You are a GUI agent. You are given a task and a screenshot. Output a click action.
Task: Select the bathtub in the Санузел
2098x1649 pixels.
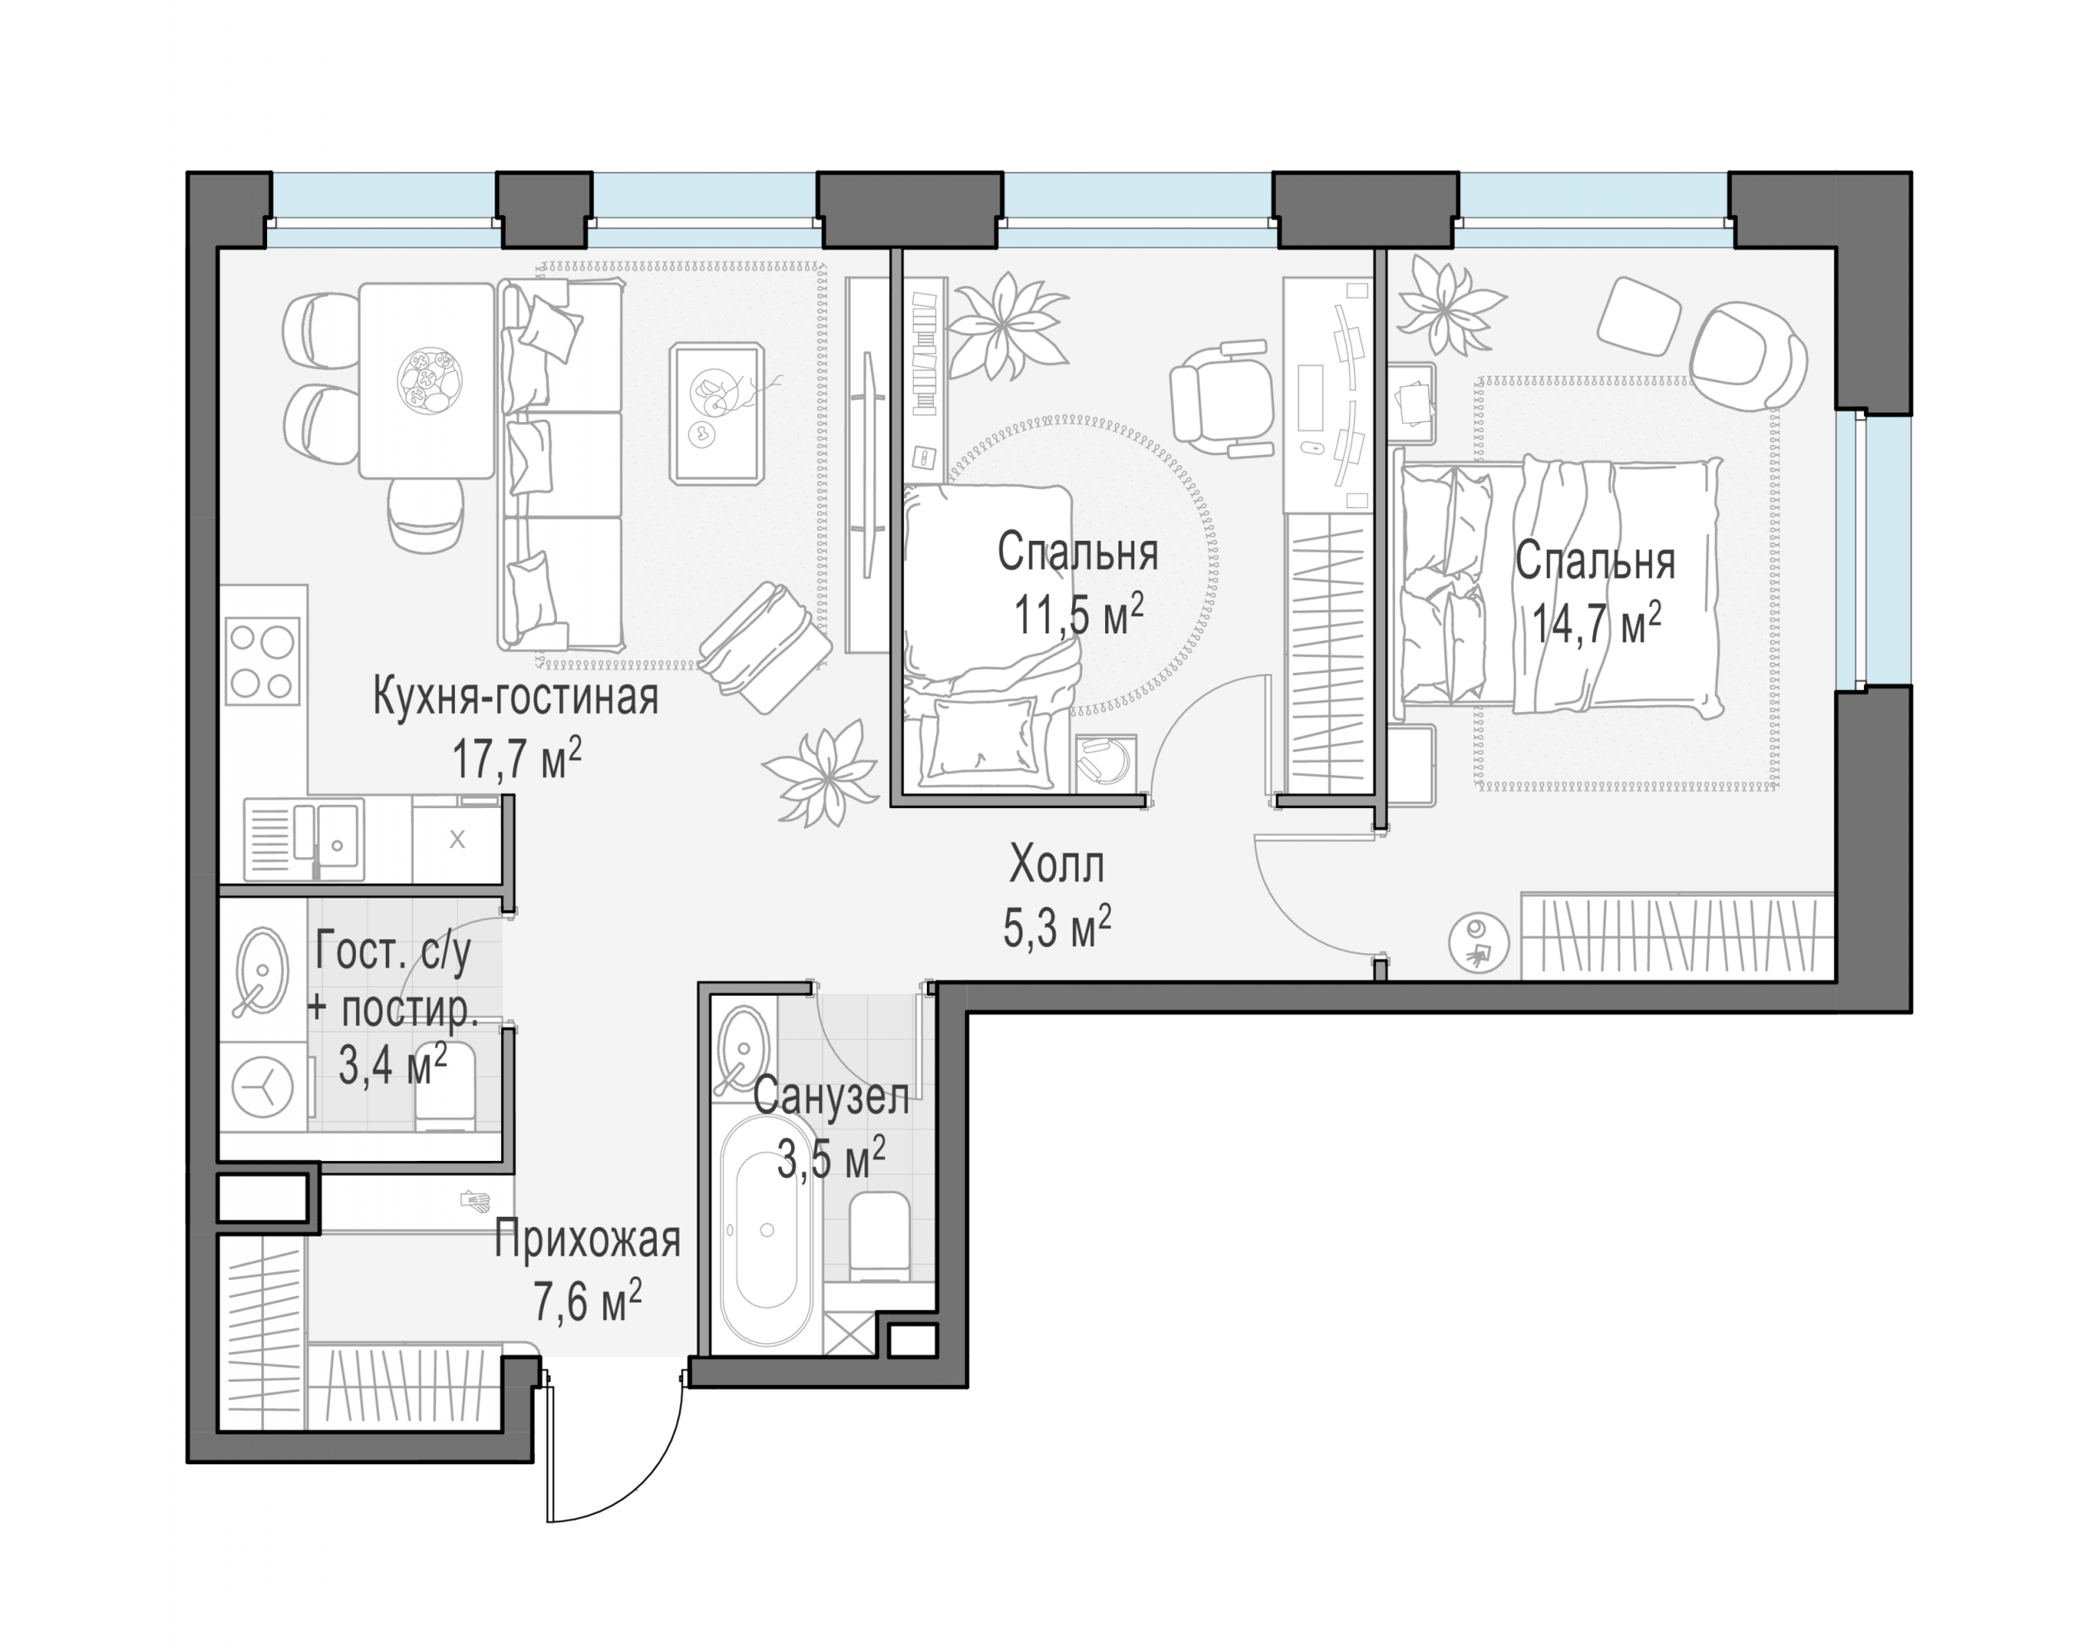click(x=767, y=1230)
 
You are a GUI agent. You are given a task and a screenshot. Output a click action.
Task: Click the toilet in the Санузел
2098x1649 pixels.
click(x=880, y=1237)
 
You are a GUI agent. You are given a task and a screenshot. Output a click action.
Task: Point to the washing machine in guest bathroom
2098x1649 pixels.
click(x=263, y=1088)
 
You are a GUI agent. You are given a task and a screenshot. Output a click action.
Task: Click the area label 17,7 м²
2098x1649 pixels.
click(x=517, y=759)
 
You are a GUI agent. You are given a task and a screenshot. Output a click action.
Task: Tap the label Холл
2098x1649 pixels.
click(x=1056, y=865)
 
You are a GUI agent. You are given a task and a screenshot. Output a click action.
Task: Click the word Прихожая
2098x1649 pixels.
click(x=588, y=1240)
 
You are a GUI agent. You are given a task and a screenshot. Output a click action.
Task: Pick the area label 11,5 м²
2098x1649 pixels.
click(x=1078, y=613)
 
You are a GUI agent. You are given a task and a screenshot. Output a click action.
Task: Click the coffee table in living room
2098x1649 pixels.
click(x=718, y=413)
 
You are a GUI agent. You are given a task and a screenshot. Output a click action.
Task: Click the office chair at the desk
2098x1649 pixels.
click(x=1218, y=396)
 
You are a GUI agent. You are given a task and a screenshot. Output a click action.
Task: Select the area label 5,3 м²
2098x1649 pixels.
click(x=1058, y=927)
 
